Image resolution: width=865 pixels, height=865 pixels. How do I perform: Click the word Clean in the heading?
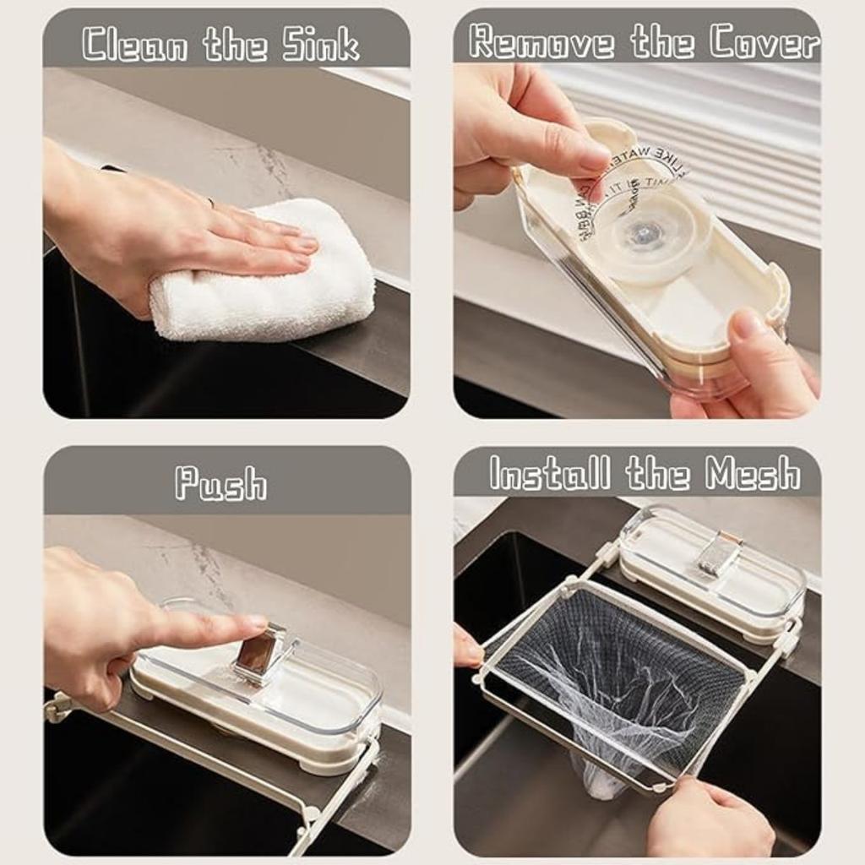[135, 44]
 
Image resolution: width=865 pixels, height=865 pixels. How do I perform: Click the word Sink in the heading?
[321, 44]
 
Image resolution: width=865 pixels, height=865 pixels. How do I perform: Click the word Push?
[220, 483]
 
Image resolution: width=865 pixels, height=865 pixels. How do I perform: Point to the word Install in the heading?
[550, 473]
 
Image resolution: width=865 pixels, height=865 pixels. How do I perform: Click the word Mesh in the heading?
[753, 473]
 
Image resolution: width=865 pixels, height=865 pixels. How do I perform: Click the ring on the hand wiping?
[210, 203]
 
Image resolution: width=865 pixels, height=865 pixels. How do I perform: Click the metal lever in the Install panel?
[718, 554]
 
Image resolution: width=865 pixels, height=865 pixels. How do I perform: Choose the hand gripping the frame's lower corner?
[710, 815]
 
